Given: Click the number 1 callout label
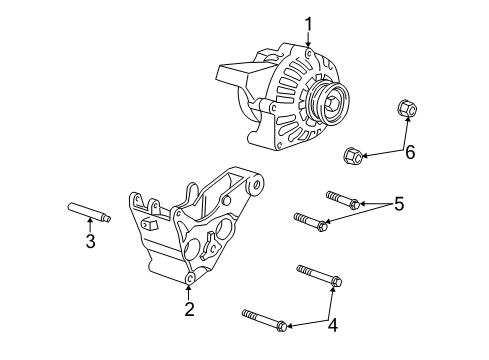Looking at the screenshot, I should click(x=309, y=23).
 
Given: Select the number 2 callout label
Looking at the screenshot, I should click(x=188, y=309).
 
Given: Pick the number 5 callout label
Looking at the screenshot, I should click(x=398, y=204).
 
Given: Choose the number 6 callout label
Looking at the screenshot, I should click(x=408, y=152).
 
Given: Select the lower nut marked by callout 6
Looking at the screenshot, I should click(x=352, y=155).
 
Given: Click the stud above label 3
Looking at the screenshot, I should click(x=89, y=213).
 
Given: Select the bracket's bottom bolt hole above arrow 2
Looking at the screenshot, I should click(x=189, y=275).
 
